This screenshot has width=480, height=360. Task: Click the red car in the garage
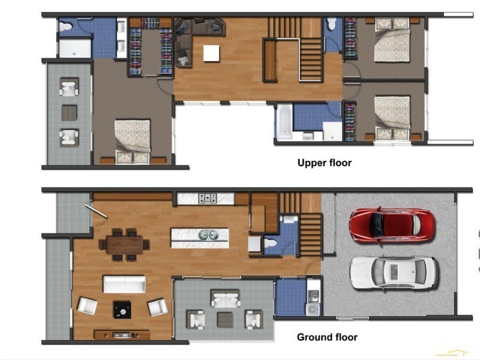click(x=392, y=226)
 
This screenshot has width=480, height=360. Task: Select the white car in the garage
click(x=394, y=272)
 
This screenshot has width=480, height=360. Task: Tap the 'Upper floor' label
click(x=325, y=163)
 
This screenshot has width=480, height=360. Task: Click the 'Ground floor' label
click(x=327, y=337)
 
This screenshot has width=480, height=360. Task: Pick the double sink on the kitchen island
click(x=209, y=235)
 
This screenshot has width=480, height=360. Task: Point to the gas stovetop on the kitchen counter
click(x=207, y=199)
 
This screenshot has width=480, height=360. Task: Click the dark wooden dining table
click(x=125, y=245)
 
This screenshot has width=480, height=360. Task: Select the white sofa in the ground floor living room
click(x=124, y=284)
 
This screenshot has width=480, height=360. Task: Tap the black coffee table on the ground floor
click(x=122, y=310)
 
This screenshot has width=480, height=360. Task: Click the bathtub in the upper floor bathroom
click(x=284, y=122)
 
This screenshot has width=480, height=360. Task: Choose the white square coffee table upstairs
click(x=211, y=53)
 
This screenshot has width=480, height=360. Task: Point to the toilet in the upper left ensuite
click(x=65, y=26)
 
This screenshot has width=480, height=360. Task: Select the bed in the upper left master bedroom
click(x=133, y=142)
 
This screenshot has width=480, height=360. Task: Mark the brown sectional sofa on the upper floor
click(x=196, y=37)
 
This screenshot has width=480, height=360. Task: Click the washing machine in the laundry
click(x=313, y=310)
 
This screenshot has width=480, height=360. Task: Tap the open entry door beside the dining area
click(x=96, y=211)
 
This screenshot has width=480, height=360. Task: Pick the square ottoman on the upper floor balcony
click(x=69, y=113)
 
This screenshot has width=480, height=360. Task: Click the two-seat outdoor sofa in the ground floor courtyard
click(x=226, y=298)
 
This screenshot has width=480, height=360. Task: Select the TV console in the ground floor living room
click(x=122, y=335)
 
